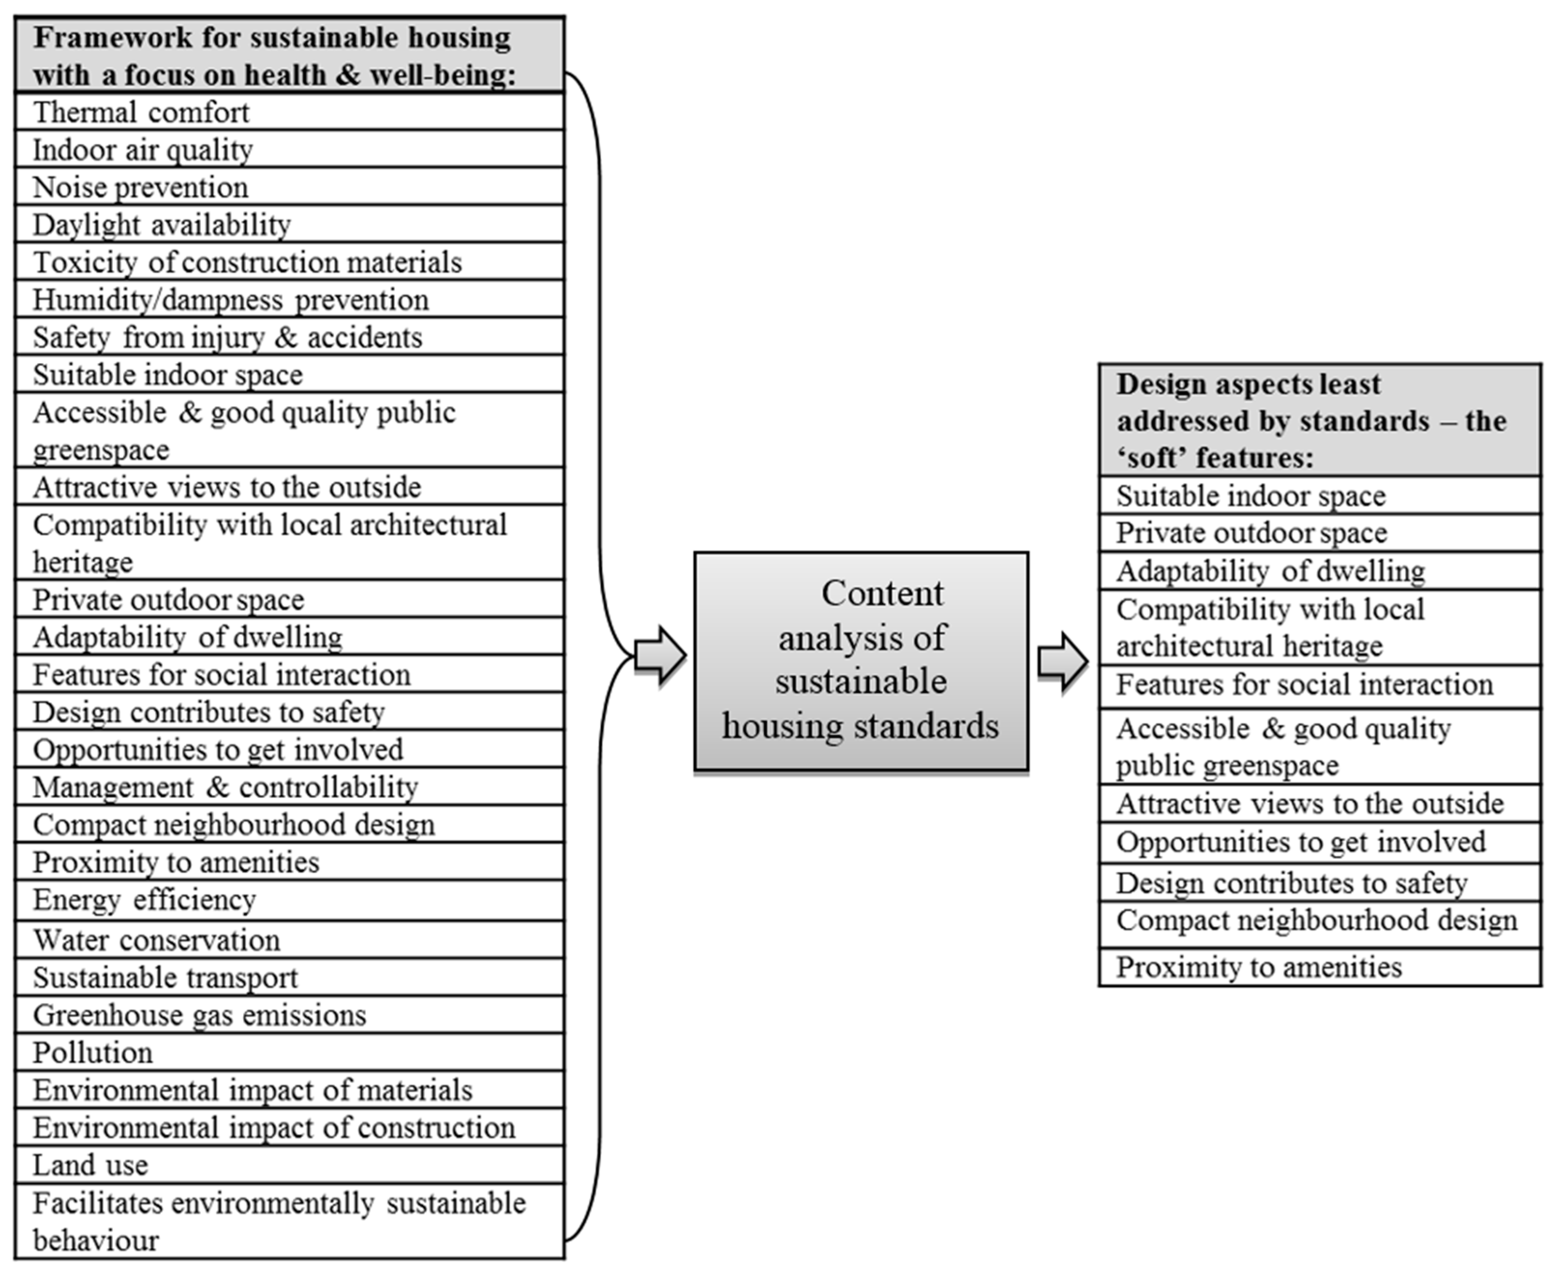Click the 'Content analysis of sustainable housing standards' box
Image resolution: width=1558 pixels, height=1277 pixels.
click(861, 661)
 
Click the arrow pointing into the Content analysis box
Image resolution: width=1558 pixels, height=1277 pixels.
click(660, 656)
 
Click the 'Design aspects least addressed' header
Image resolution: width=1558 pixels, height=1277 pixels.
click(1319, 420)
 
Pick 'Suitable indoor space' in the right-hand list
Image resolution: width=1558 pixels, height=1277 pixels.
click(1319, 496)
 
